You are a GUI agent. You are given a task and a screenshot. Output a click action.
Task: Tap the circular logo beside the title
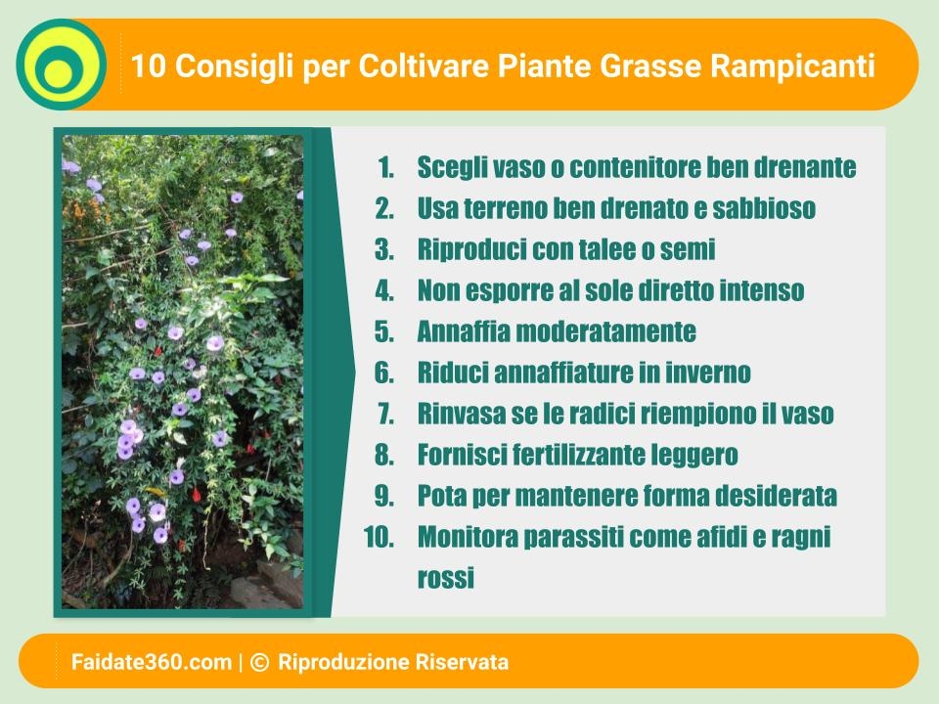61,65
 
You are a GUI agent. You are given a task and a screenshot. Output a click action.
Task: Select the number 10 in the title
148,66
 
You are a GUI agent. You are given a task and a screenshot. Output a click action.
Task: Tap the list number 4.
384,290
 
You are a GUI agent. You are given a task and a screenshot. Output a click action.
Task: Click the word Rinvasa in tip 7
461,414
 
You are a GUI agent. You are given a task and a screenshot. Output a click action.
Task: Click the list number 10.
380,537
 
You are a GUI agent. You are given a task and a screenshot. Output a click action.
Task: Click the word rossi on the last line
446,578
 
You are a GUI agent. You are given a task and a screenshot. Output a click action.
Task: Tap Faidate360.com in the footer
152,662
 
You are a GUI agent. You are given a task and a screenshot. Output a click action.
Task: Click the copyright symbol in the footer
259,662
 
